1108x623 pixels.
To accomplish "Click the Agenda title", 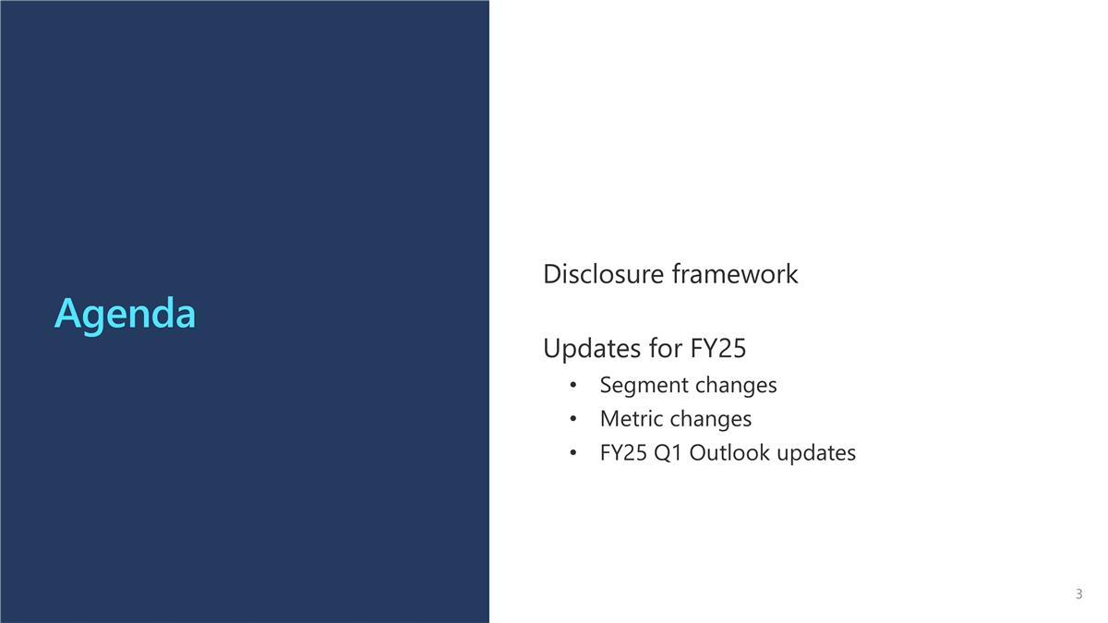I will click(125, 314).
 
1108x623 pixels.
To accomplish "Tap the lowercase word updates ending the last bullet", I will click(816, 453).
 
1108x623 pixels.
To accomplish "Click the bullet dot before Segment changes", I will click(573, 386).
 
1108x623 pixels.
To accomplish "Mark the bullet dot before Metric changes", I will click(573, 420).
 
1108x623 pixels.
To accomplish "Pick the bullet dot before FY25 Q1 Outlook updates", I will click(573, 454).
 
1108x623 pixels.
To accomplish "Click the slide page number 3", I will click(1078, 594).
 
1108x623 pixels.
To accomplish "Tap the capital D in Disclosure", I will click(552, 274).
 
